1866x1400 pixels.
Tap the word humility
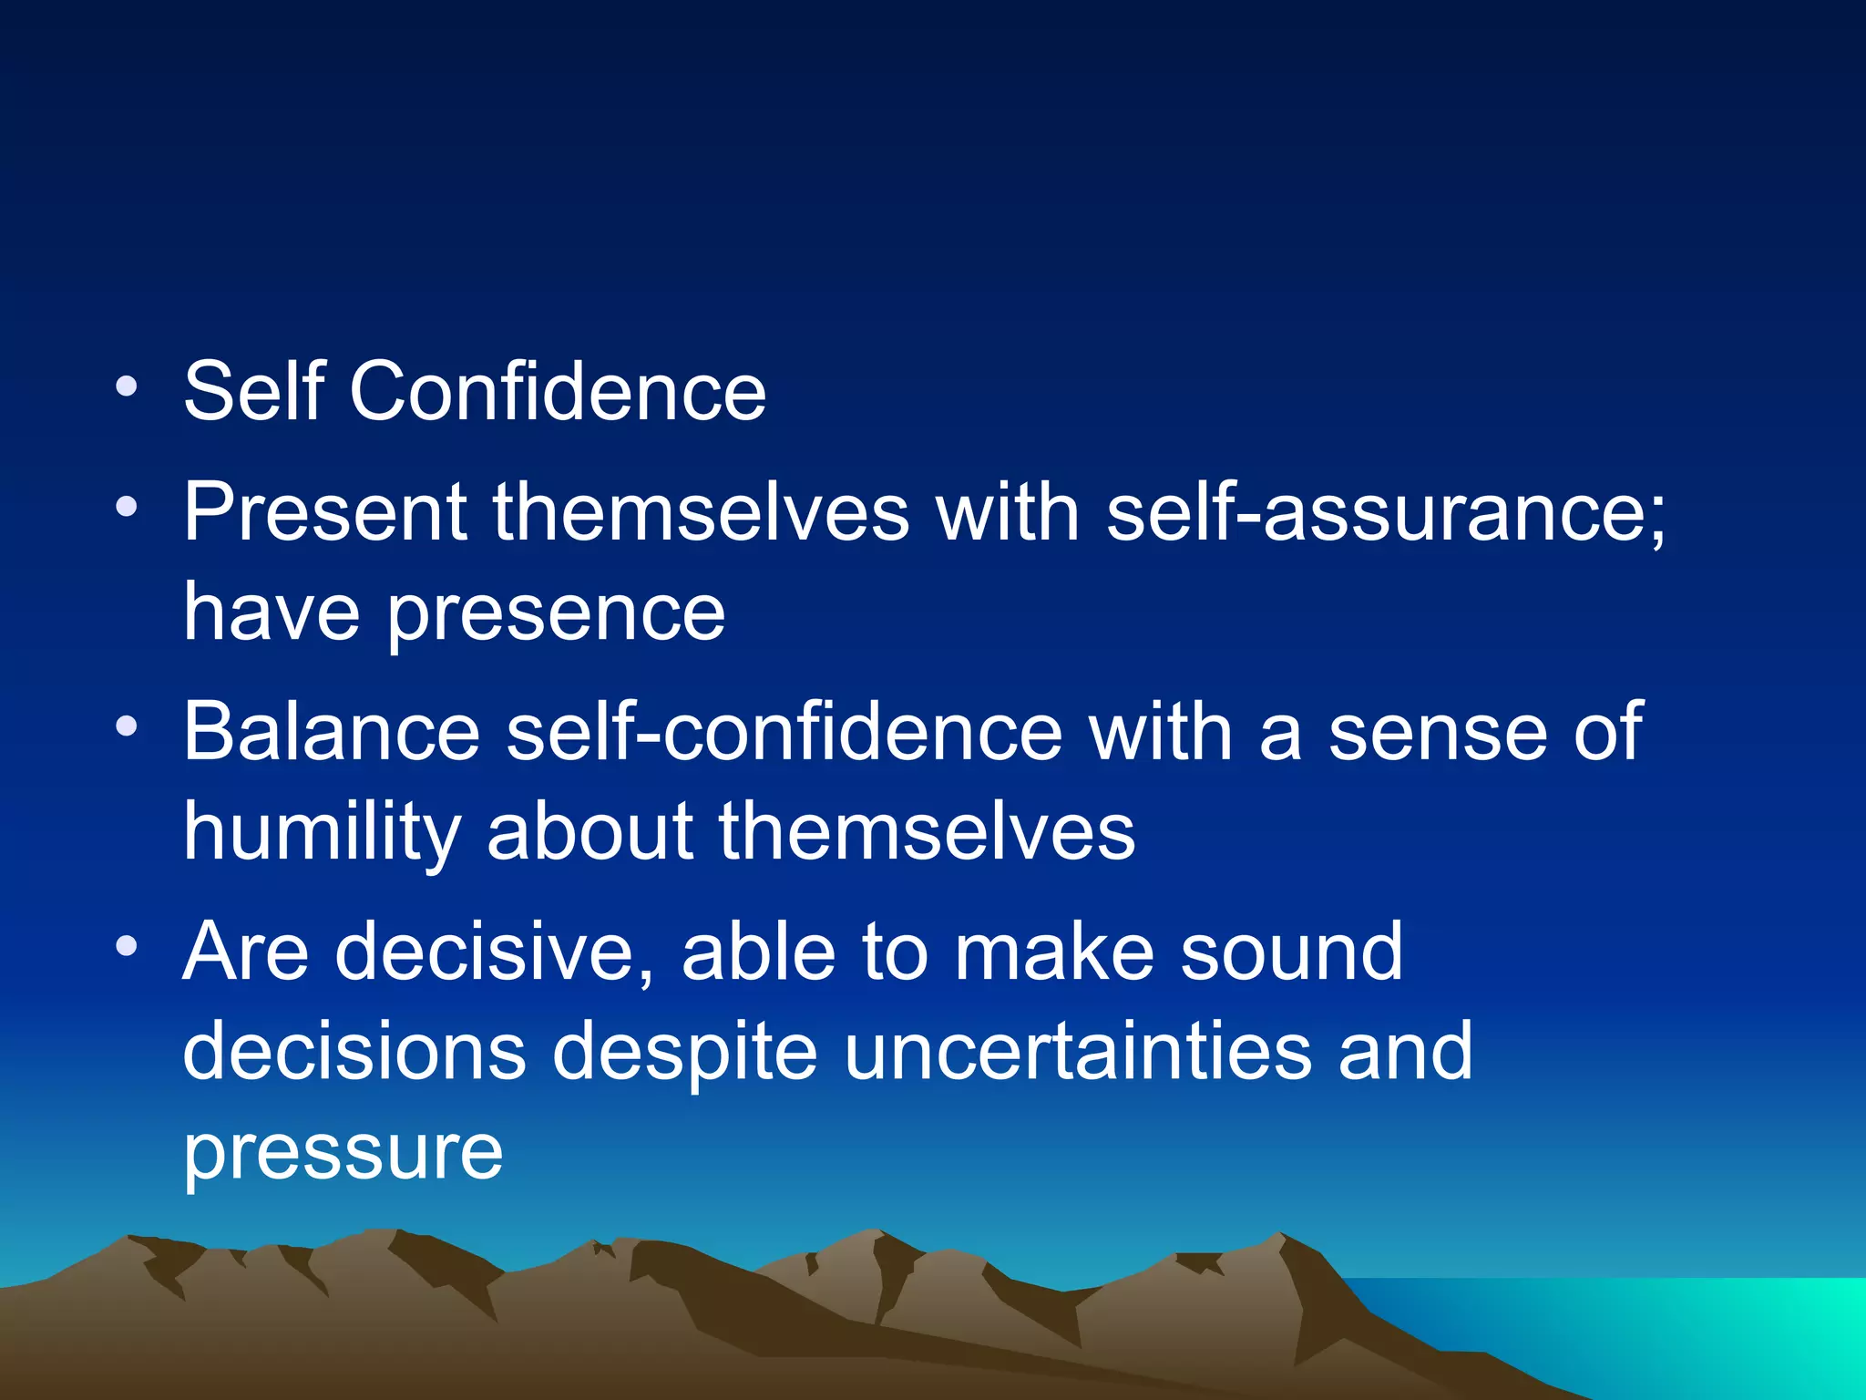(x=322, y=834)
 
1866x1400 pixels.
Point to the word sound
(x=1291, y=952)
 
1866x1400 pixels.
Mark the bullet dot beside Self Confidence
(x=127, y=386)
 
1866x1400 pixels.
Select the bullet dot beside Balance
(x=127, y=726)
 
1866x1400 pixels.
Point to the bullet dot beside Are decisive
(x=127, y=945)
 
